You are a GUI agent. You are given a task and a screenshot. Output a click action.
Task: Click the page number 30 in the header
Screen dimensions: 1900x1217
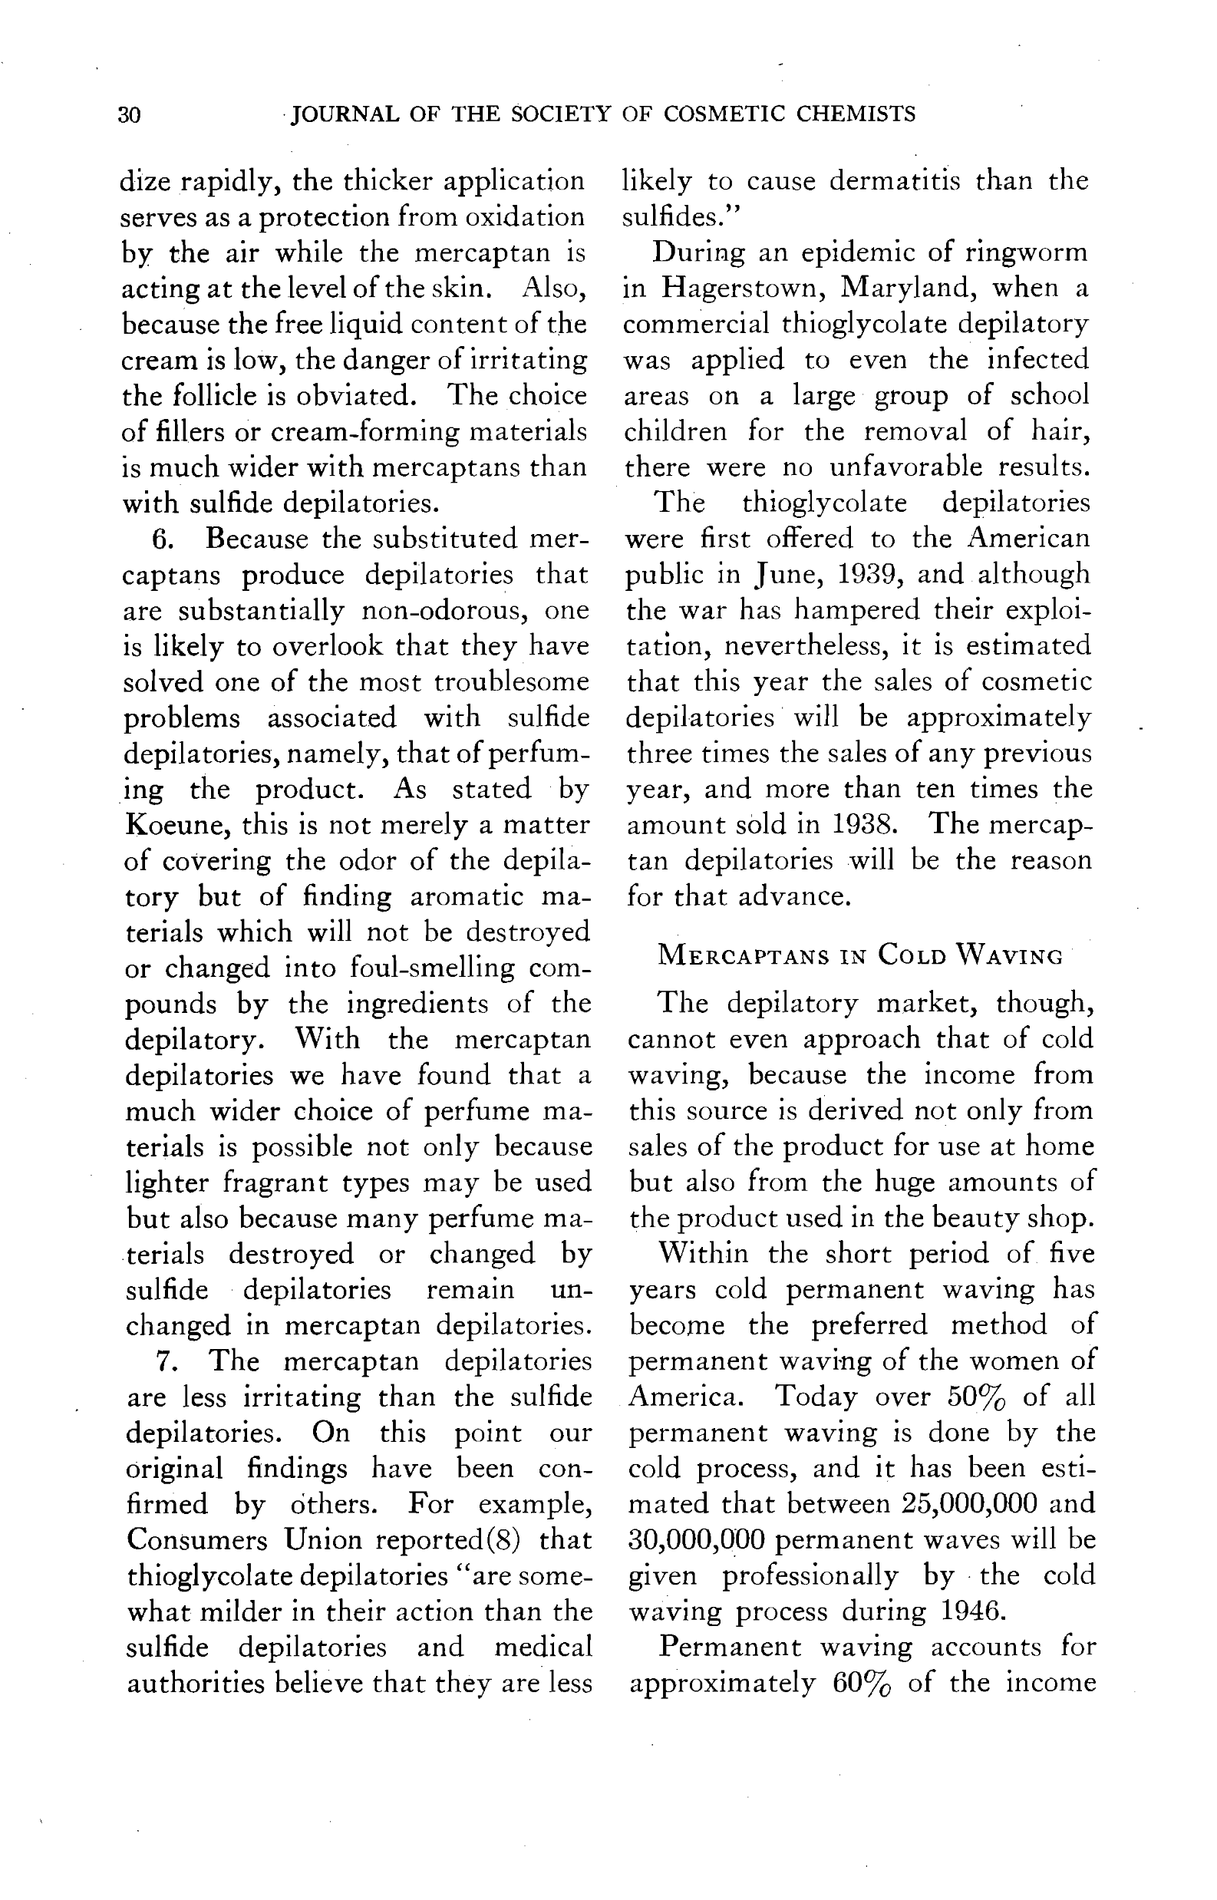[x=130, y=115]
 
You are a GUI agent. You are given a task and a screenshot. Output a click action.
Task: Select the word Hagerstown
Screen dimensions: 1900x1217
[x=744, y=288]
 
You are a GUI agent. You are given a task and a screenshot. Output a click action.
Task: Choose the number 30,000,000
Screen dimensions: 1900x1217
[x=696, y=1539]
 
